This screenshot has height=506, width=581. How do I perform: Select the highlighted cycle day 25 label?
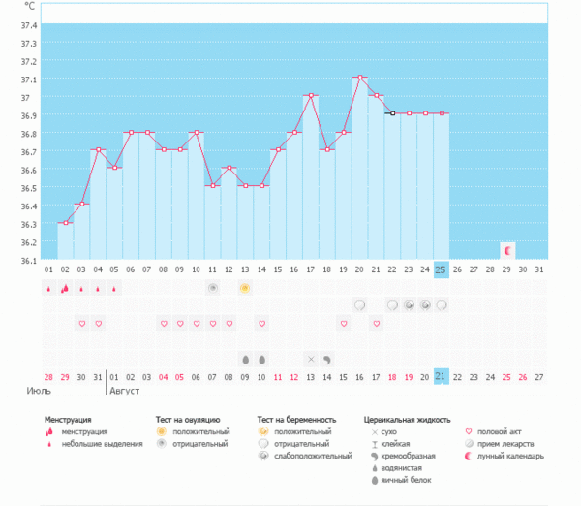[441, 269]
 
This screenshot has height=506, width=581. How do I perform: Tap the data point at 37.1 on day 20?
[359, 78]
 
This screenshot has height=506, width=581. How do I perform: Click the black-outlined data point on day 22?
[392, 113]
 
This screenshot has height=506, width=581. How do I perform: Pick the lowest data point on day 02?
[65, 223]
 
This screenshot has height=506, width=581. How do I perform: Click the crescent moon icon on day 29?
[507, 250]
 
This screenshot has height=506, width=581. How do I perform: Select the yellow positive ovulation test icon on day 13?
[245, 288]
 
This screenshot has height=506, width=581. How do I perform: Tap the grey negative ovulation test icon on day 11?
[212, 288]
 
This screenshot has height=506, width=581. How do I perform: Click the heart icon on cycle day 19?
[343, 323]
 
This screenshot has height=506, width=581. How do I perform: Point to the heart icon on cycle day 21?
[376, 323]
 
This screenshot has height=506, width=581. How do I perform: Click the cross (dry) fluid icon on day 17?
[311, 359]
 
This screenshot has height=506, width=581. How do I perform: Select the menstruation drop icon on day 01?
[48, 288]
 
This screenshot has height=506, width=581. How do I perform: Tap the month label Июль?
[38, 391]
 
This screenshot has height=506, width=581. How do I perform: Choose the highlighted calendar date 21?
[441, 376]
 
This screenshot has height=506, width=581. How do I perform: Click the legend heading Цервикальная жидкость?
[408, 420]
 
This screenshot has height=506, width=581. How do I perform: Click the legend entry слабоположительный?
[313, 456]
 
